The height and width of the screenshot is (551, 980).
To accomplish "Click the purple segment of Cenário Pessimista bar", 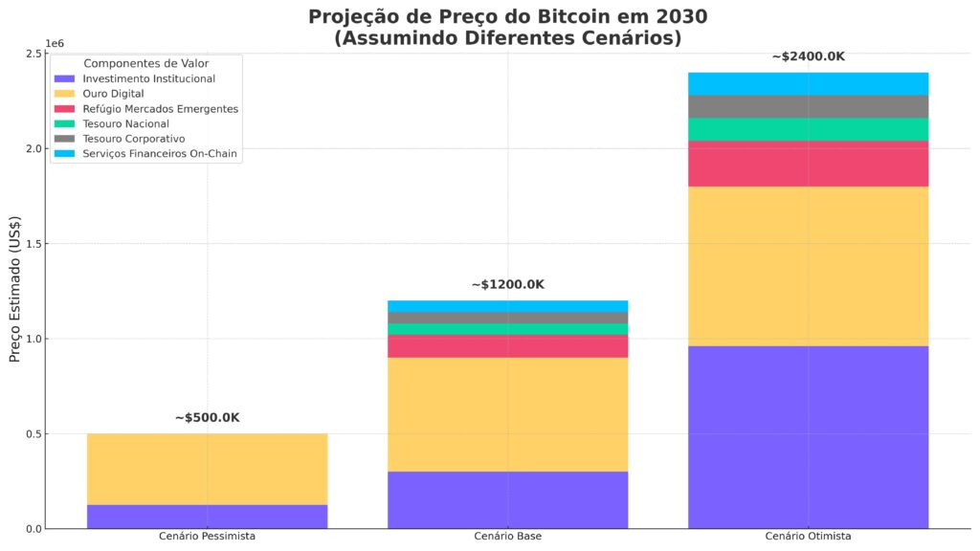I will [207, 517].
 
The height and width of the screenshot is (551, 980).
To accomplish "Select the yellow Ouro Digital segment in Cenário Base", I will [507, 414].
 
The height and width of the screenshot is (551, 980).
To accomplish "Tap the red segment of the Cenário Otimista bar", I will [808, 164].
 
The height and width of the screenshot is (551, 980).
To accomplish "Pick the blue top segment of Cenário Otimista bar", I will [808, 84].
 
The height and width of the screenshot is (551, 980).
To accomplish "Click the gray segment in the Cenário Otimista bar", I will [808, 106].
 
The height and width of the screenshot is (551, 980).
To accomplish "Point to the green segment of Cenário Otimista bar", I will [808, 129].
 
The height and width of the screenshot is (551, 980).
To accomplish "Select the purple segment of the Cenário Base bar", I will [507, 499].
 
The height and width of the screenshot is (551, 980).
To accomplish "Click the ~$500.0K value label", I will [207, 418].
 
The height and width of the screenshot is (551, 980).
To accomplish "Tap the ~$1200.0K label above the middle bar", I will [507, 285].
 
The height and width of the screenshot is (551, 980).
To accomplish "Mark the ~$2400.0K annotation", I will [808, 56].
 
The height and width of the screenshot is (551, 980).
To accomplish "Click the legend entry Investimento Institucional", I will [148, 78].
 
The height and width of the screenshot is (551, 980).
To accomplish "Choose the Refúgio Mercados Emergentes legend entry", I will [160, 109].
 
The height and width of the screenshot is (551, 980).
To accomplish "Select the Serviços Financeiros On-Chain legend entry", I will [160, 154].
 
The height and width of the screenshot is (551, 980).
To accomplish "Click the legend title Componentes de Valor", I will [146, 63].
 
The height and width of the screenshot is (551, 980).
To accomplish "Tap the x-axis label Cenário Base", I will [507, 537].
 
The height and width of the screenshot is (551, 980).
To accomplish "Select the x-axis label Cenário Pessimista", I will [207, 537].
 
